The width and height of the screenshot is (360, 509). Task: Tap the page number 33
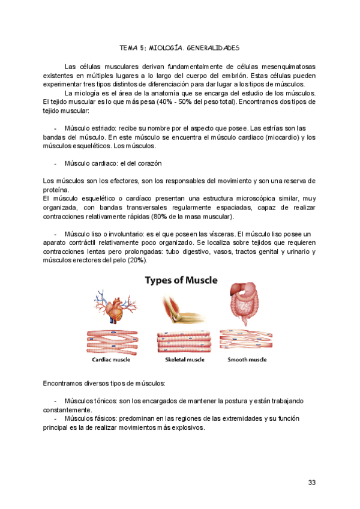pos(311,483)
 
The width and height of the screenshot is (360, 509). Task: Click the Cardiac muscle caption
pos(111,360)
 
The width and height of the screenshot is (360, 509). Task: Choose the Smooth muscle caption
pos(247,360)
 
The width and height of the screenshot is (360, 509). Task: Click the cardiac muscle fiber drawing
pos(111,342)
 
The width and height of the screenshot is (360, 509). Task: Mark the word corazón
pos(148,164)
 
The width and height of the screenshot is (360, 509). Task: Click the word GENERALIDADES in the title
pos(213,47)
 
